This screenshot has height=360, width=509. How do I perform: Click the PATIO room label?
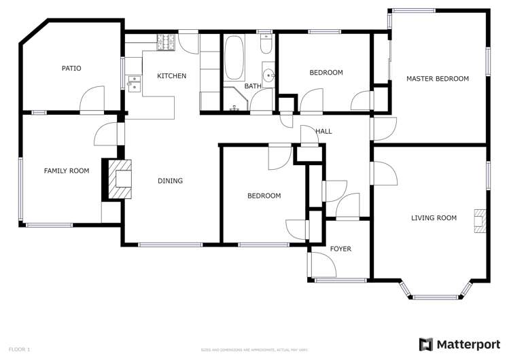71,68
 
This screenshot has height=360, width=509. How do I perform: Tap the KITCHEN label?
171,76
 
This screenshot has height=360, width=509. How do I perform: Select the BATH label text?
253,86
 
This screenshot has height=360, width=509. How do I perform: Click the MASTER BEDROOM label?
437,79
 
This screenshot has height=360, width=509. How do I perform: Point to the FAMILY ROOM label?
67,171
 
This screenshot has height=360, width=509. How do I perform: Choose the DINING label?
170,181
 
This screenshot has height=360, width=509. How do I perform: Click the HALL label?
323,131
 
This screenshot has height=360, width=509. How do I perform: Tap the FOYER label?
340,249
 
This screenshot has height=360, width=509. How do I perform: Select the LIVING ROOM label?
434,218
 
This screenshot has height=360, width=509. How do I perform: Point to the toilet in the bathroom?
266,45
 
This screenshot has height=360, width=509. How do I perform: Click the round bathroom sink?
269,75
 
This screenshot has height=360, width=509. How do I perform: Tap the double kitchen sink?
134,83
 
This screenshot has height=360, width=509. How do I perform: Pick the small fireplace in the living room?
480,220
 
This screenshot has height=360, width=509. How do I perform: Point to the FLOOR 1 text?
19,349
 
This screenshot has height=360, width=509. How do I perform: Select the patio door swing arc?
92,96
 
